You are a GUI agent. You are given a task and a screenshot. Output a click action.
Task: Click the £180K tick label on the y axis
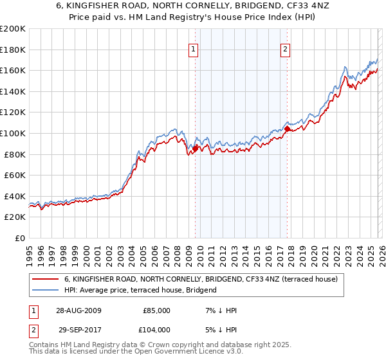(13, 50)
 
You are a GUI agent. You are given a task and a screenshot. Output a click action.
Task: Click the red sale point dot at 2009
(195, 148)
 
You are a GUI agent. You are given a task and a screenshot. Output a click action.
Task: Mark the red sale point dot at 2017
(287, 129)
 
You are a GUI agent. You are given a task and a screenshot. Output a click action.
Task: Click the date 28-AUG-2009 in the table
(78, 310)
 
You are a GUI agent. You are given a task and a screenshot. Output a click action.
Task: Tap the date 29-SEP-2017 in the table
(78, 330)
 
